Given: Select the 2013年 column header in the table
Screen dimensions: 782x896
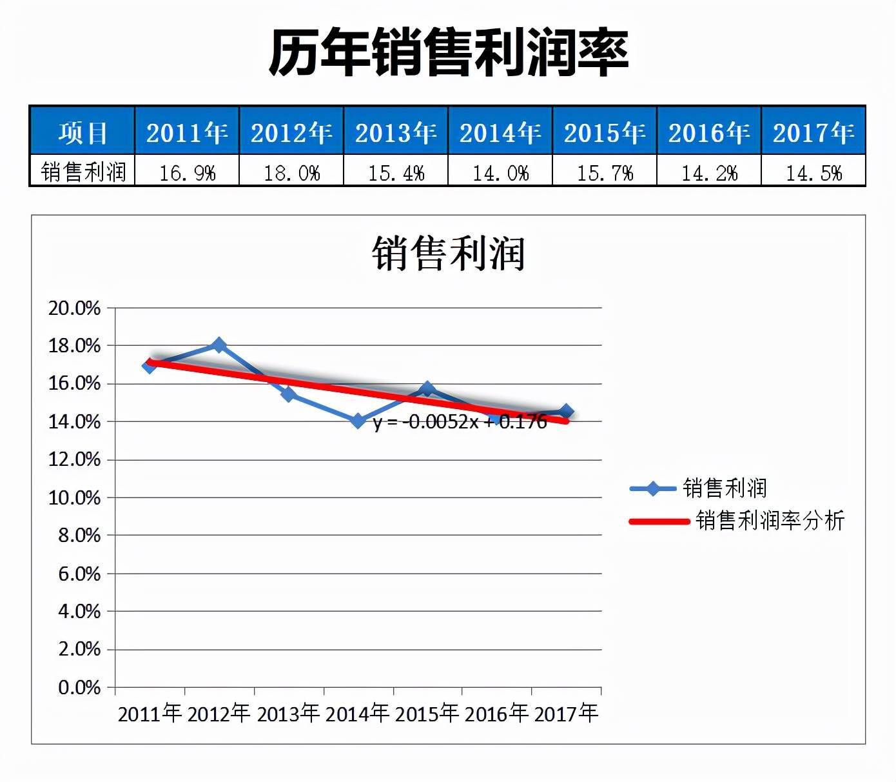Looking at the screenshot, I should coord(396,133).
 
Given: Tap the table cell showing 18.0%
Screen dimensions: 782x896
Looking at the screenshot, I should coord(291,172).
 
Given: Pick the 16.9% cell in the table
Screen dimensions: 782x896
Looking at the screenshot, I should coord(187,172).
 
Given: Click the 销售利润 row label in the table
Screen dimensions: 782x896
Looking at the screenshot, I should coord(83,172).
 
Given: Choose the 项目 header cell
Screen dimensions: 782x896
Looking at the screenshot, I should coord(83,133).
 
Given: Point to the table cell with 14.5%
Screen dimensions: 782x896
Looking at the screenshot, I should coord(813,172).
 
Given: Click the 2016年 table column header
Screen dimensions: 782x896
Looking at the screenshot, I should coord(709,133).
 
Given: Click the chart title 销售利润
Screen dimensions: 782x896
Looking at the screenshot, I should coord(448,253).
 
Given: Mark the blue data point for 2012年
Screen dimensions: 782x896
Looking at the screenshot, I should coord(219,345).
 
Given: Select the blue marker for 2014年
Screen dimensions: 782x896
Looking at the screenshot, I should coord(358,421).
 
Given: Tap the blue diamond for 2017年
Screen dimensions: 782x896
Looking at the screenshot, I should coord(567,412).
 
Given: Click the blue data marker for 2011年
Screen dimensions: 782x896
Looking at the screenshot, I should coord(150,366).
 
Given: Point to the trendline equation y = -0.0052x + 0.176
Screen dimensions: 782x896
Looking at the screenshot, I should coord(460,422).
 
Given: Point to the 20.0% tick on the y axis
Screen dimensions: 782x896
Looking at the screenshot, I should coord(75,308).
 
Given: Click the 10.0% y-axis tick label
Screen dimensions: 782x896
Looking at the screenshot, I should coord(75,498).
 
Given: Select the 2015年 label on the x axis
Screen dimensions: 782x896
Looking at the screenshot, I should coord(427,714).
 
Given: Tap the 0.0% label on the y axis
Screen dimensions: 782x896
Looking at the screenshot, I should coord(79,688).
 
